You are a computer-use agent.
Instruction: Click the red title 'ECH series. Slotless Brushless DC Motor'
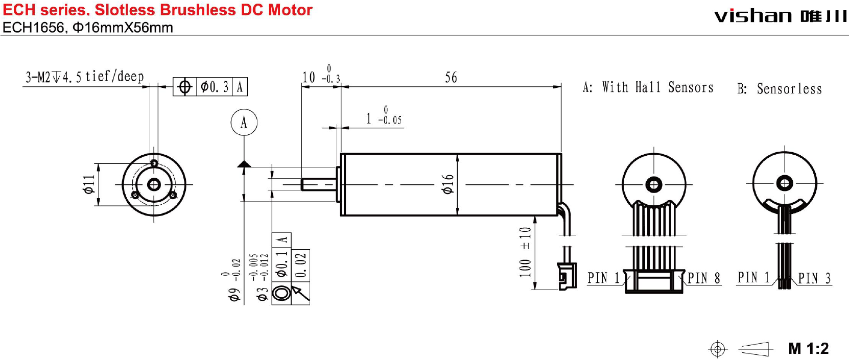(x=157, y=10)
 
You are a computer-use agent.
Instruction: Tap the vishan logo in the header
(x=780, y=16)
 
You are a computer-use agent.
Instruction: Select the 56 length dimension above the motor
(x=451, y=78)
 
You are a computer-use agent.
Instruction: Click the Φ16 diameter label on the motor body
(x=448, y=184)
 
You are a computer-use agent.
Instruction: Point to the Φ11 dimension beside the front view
(x=89, y=184)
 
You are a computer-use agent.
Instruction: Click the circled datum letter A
(x=244, y=123)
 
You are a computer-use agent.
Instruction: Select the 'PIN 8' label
(x=703, y=278)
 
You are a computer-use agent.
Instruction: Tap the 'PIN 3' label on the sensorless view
(x=814, y=278)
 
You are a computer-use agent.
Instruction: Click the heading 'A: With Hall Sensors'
(x=648, y=87)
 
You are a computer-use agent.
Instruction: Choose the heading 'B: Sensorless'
(x=779, y=89)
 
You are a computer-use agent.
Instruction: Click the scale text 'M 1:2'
(x=808, y=349)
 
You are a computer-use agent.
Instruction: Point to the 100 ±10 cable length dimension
(x=525, y=252)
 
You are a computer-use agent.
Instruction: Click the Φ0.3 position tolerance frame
(x=210, y=87)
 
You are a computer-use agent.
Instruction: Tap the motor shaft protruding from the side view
(x=318, y=184)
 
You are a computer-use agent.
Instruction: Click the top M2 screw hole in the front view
(x=154, y=163)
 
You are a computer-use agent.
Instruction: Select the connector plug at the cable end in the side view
(x=567, y=276)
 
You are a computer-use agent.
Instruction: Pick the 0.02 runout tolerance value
(x=301, y=264)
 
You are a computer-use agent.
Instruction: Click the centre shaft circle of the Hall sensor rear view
(x=654, y=184)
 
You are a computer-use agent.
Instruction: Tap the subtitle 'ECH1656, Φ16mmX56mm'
(x=88, y=28)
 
